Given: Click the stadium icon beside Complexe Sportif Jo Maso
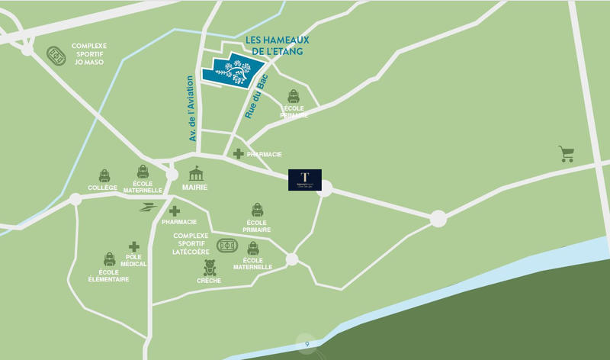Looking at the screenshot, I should click(x=56, y=56).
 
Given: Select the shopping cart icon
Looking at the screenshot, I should click(x=566, y=153).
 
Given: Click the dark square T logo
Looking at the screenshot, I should click(x=304, y=179).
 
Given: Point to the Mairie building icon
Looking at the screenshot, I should click(x=197, y=173).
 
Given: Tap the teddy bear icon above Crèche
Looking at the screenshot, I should click(x=210, y=268).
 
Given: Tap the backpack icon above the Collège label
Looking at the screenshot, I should click(x=104, y=176).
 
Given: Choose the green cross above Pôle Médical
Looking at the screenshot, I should click(x=134, y=247).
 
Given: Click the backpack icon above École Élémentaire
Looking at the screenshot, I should click(x=109, y=260).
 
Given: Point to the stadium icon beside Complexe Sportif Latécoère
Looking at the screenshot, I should click(x=227, y=246).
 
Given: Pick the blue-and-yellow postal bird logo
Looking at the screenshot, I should click(x=147, y=207).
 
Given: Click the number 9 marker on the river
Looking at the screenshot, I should click(x=307, y=345).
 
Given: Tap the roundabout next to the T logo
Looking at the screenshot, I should click(x=325, y=188).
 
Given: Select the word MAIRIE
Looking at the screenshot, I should click(x=197, y=188).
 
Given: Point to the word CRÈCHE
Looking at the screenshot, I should click(x=209, y=281).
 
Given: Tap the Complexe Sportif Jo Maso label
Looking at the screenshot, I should click(x=89, y=53).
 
